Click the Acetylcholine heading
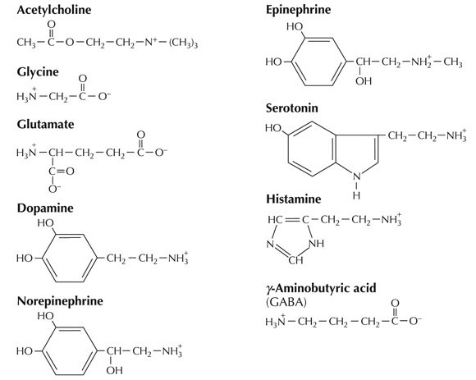pos(54,11)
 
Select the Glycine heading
pos(38,72)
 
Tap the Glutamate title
pos(45,125)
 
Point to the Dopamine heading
pos(45,208)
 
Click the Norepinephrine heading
pos(60,301)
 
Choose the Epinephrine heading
pos(299,10)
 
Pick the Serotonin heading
pos(292,108)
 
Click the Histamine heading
pos(294,199)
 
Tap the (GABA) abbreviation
pos(286,303)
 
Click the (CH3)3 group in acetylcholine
pos(183,43)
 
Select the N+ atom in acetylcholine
pos(150,42)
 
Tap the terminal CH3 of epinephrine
pos(453,62)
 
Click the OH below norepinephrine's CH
pos(114,370)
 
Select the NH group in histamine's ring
pos(316,244)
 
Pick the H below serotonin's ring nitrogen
pos(356,196)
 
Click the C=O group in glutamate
pos(62,172)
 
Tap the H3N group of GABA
pos(275,320)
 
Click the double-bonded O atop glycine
pos(83,79)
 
